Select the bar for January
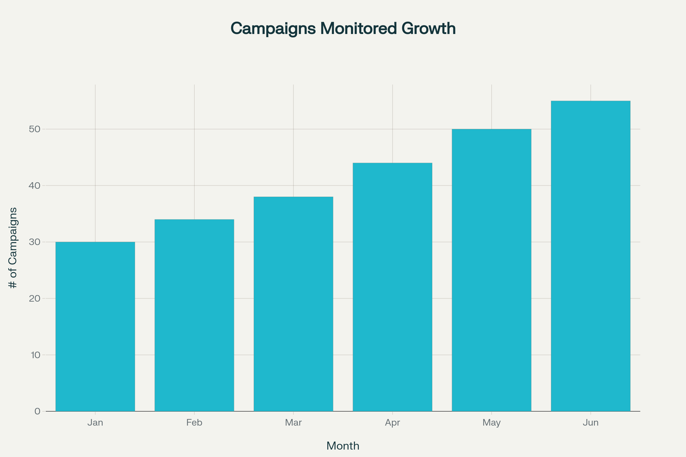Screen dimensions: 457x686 95,326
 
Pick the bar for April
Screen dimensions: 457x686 392,287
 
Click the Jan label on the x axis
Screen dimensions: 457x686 95,423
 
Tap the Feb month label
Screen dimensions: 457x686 194,423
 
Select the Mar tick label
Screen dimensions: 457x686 294,423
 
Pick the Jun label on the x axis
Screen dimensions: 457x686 591,423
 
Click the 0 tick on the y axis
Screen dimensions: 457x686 37,411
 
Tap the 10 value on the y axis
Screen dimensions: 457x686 35,355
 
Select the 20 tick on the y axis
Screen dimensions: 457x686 34,298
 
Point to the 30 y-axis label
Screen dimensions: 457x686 34,242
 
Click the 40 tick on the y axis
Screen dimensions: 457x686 34,185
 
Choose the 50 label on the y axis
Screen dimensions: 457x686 34,129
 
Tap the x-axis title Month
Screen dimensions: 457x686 343,446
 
